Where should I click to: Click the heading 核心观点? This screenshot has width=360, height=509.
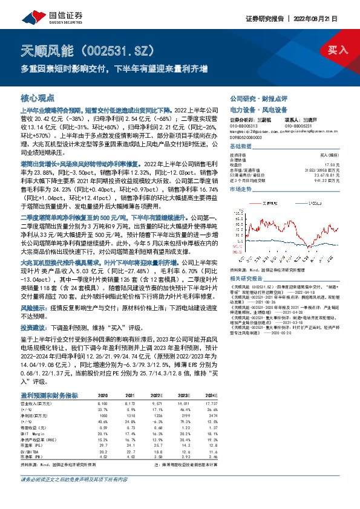point(37,97)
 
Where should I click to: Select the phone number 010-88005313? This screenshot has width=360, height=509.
point(241,125)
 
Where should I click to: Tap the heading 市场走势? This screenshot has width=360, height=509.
point(240,189)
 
